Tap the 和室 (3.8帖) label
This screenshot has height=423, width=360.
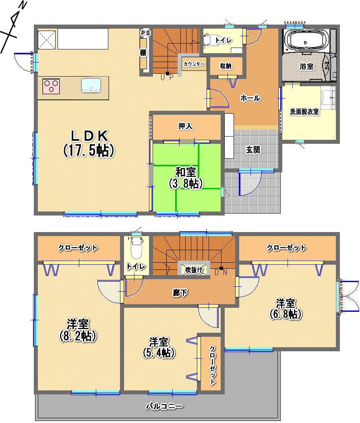tap(186, 177)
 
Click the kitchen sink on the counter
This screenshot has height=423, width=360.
tap(89, 85)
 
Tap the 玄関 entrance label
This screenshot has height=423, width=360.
tap(253, 150)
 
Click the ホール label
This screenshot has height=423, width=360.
tap(250, 98)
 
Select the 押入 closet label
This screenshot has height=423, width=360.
tap(185, 126)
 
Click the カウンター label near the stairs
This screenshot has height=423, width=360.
tap(194, 64)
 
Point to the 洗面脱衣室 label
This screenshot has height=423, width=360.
tap(305, 112)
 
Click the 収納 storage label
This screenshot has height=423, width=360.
tap(226, 66)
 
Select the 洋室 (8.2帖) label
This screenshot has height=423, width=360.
tap(79, 330)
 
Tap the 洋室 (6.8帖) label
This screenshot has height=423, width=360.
tap(286, 308)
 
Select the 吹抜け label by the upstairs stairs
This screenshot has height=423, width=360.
tap(194, 270)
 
